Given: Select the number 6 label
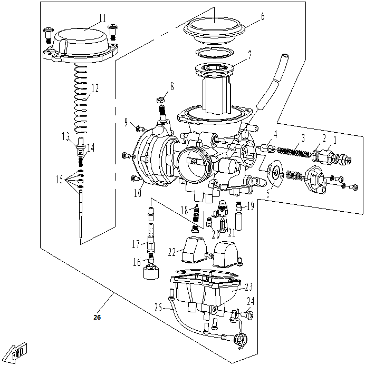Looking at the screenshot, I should coord(262,16).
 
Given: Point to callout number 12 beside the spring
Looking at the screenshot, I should coord(94,88).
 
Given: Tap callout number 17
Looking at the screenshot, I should coord(136,244).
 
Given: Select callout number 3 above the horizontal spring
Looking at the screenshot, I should coord(302,138).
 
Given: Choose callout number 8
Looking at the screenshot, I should coord(171,85).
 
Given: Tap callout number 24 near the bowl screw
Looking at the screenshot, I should coord(251,302).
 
